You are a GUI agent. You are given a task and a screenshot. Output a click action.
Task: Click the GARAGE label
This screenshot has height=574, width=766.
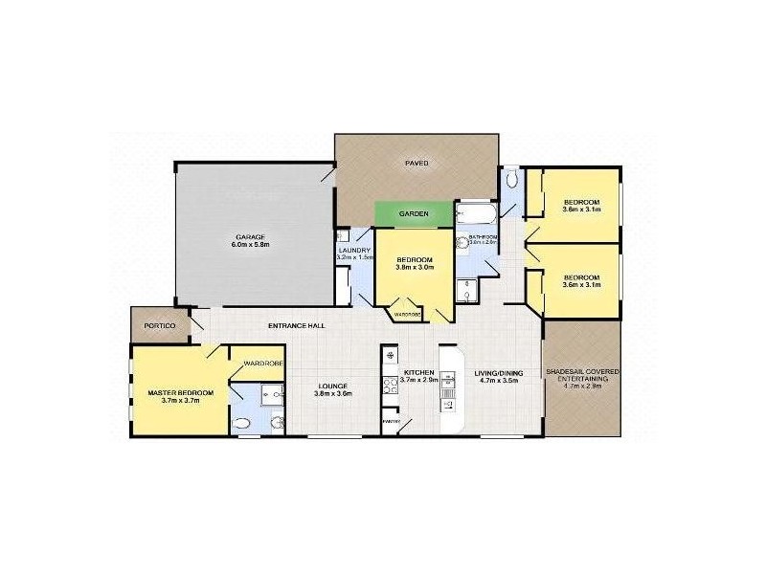pyautogui.click(x=250, y=236)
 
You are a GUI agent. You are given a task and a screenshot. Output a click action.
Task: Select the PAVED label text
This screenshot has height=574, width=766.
pyautogui.click(x=417, y=164)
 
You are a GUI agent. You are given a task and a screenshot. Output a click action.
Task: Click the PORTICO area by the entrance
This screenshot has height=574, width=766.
pyautogui.click(x=159, y=326)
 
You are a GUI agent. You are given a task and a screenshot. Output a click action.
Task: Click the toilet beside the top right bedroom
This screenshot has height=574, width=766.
pyautogui.click(x=513, y=179)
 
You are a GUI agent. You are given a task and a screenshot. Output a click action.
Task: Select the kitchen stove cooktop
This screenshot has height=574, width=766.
pyautogui.click(x=391, y=387)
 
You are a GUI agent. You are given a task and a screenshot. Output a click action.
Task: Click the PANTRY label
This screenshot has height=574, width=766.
pyautogui.click(x=391, y=420)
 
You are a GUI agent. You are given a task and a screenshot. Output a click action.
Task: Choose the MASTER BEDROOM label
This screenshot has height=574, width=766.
pyautogui.click(x=180, y=392)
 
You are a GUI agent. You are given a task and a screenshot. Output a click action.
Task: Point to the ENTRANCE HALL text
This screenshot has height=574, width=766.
pyautogui.click(x=297, y=326)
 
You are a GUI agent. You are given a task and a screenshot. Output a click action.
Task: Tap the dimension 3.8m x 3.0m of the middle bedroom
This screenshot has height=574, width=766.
pyautogui.click(x=417, y=268)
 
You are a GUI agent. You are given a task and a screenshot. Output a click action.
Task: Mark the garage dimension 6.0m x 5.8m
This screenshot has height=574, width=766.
pyautogui.click(x=250, y=245)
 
